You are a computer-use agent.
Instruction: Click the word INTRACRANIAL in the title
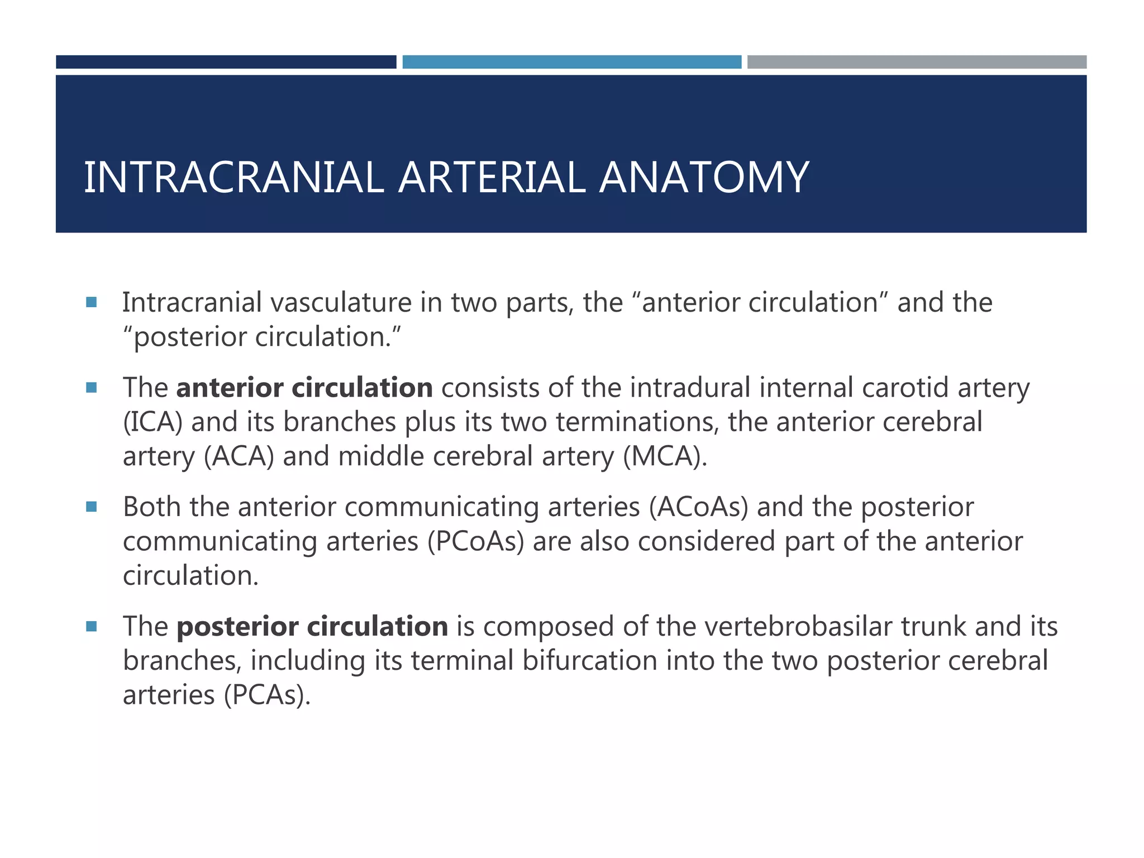tap(233, 178)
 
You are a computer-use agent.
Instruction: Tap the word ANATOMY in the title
tap(704, 178)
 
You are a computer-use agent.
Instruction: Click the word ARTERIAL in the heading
tap(492, 178)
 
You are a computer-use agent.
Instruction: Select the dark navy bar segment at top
tap(226, 62)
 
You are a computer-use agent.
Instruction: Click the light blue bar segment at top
tap(571, 62)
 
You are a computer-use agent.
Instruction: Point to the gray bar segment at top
tap(917, 62)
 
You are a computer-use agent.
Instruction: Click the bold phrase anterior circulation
tap(304, 388)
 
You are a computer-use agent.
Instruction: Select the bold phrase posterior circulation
tap(312, 626)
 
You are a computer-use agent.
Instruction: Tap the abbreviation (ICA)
tap(152, 422)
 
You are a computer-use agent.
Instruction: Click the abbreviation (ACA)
tap(239, 457)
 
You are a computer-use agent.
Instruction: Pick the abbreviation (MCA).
tap(665, 457)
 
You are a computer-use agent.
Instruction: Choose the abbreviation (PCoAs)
tap(476, 542)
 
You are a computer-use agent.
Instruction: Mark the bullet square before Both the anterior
tap(92, 507)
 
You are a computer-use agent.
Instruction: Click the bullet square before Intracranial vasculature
tap(92, 302)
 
